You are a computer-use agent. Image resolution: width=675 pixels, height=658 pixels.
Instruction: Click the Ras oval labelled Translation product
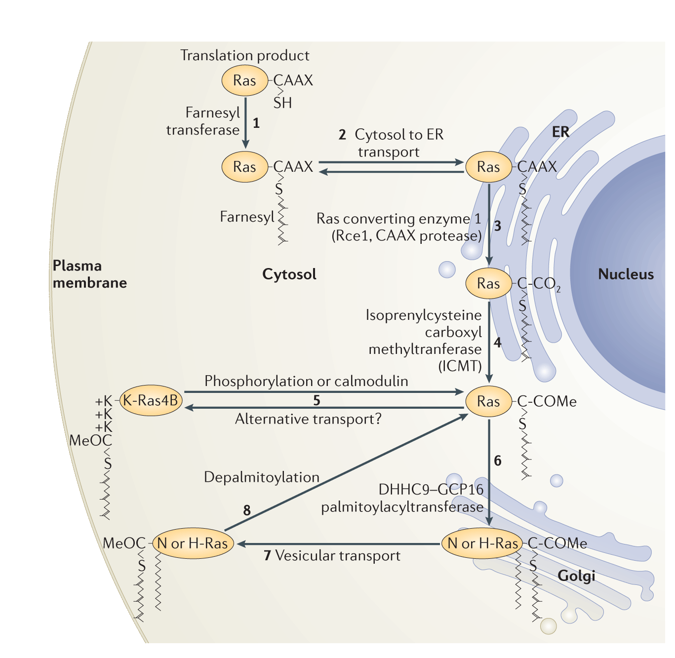pyautogui.click(x=244, y=80)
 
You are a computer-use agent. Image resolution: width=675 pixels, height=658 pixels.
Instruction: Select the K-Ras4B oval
pyautogui.click(x=150, y=400)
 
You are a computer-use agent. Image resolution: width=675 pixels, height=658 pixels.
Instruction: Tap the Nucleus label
pyautogui.click(x=626, y=274)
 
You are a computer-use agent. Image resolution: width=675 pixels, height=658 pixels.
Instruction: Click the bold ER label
pyautogui.click(x=560, y=132)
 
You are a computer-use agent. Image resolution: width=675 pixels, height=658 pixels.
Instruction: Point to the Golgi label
pyautogui.click(x=576, y=576)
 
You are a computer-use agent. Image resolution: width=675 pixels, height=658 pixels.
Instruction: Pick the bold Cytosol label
pyautogui.click(x=289, y=274)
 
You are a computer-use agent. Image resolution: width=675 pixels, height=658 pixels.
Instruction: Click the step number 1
pyautogui.click(x=256, y=123)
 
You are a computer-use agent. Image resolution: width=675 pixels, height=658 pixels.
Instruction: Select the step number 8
pyautogui.click(x=247, y=510)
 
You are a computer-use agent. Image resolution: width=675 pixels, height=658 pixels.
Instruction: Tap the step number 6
pyautogui.click(x=497, y=461)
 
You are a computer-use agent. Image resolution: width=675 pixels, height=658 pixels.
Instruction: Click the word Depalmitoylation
pyautogui.click(x=262, y=477)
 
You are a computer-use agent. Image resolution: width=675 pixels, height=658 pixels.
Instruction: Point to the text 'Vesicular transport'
pyautogui.click(x=338, y=556)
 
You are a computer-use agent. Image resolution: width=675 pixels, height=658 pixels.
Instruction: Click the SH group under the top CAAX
pyautogui.click(x=283, y=103)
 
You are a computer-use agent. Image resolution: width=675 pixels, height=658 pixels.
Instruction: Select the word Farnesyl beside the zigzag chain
pyautogui.click(x=247, y=217)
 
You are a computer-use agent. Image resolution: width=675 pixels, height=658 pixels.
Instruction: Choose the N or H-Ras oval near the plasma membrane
pyautogui.click(x=192, y=543)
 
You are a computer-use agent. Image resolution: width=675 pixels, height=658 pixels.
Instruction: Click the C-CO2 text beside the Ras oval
pyautogui.click(x=539, y=284)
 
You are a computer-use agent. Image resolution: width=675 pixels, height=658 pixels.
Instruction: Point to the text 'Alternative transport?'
pyautogui.click(x=308, y=419)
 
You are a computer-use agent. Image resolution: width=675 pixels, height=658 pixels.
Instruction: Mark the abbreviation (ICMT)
pyautogui.click(x=460, y=366)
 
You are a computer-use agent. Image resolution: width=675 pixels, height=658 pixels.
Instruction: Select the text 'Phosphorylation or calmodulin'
pyautogui.click(x=306, y=381)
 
